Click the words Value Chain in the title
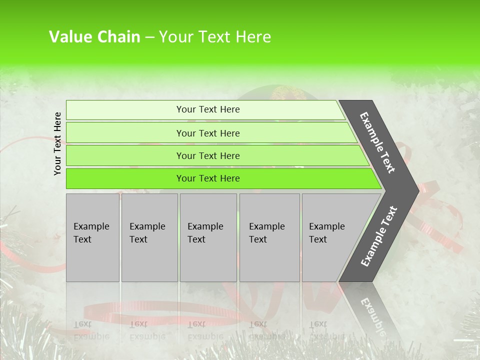[94, 37]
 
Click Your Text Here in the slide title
[214, 37]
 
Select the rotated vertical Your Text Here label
[58, 143]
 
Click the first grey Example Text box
[92, 237]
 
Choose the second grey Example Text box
[149, 237]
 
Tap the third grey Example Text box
[208, 237]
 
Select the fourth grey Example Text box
[269, 237]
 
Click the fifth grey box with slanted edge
[330, 237]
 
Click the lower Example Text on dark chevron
[379, 236]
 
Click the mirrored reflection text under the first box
[91, 330]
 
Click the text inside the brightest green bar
[208, 178]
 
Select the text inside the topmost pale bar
[208, 109]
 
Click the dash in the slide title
[149, 37]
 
